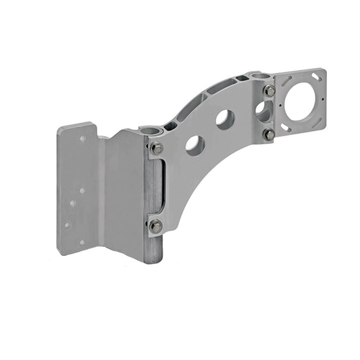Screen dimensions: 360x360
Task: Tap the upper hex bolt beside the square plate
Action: pyautogui.click(x=270, y=91)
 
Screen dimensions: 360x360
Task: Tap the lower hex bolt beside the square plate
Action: pyautogui.click(x=269, y=134)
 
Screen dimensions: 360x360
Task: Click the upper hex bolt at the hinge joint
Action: pyautogui.click(x=156, y=148)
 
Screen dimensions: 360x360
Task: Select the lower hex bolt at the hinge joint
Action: pyautogui.click(x=156, y=226)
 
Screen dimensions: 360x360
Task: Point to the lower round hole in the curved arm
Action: pyautogui.click(x=195, y=145)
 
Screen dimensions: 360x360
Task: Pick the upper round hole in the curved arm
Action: pyautogui.click(x=225, y=119)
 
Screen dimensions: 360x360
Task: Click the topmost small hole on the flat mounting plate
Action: pyautogui.click(x=83, y=139)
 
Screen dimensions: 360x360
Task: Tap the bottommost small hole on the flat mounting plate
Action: pyautogui.click(x=82, y=242)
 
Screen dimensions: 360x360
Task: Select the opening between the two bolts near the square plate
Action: pyautogui.click(x=263, y=112)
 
